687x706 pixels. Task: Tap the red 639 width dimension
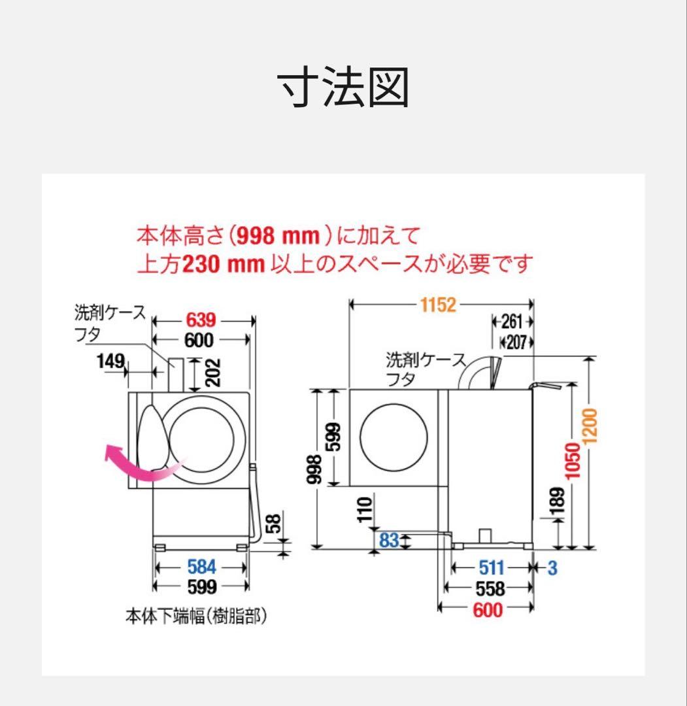click(x=201, y=320)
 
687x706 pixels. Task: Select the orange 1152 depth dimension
click(x=438, y=305)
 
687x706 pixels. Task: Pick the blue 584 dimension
click(x=201, y=567)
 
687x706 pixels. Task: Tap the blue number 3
click(x=552, y=568)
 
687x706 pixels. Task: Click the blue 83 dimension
click(x=389, y=540)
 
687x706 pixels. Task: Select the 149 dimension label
click(x=110, y=360)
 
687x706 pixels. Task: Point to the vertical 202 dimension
click(x=212, y=373)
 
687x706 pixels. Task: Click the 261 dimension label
click(x=512, y=322)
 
